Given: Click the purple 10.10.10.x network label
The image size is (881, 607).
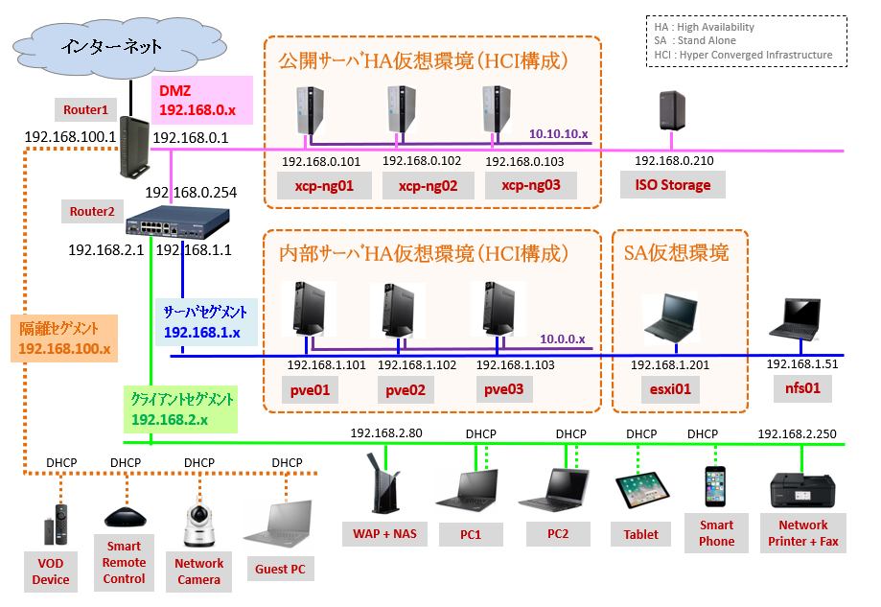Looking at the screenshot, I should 557,133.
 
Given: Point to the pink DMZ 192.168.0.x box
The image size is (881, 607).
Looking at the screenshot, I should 201,102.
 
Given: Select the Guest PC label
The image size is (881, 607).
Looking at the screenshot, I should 280,569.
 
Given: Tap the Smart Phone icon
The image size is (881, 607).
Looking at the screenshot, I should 716,489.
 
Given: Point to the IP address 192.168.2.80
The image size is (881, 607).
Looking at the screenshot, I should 386,433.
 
